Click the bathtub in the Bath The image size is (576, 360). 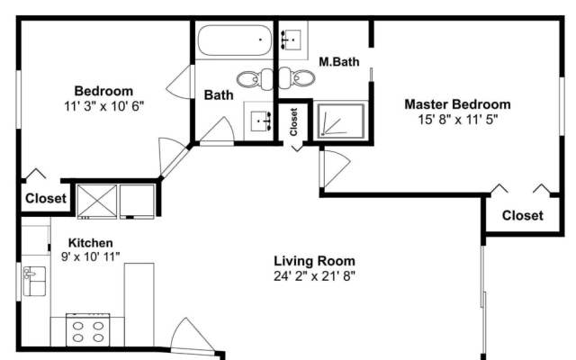(x=234, y=40)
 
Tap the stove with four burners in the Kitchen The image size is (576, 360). (x=88, y=328)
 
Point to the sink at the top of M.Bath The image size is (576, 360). (x=294, y=39)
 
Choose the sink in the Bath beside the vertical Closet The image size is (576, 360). (x=261, y=119)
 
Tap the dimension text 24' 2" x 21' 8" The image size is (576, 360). (x=314, y=276)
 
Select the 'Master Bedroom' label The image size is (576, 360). (x=457, y=104)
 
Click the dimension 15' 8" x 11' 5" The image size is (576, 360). (x=457, y=119)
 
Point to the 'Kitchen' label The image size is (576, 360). (x=90, y=243)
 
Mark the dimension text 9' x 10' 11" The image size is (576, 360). (x=90, y=256)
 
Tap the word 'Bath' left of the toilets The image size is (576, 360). (x=218, y=94)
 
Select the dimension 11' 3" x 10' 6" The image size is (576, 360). (x=103, y=105)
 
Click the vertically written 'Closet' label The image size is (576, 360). (x=293, y=121)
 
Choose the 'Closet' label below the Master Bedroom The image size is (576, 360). (x=522, y=215)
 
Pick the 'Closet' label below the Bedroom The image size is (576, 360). (x=45, y=199)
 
